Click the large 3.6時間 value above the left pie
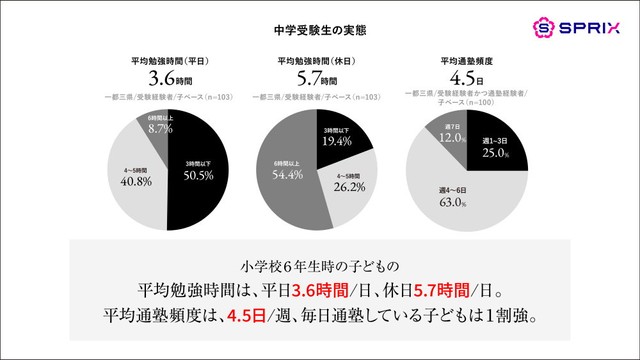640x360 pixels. tap(169, 77)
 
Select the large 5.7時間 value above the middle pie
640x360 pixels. tap(319, 77)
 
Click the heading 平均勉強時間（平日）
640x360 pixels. tap(169, 58)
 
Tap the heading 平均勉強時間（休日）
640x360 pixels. tap(319, 58)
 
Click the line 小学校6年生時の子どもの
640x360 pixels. tap(319, 266)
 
